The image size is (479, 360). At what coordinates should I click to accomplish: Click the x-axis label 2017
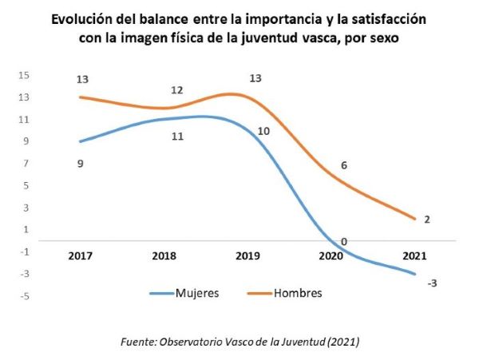[80, 257]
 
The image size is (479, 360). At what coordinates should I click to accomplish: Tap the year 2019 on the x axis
[248, 257]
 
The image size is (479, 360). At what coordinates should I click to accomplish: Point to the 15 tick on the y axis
[24, 75]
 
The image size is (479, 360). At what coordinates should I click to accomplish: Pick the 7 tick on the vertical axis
[26, 164]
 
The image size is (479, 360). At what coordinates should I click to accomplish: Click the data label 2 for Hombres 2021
[427, 220]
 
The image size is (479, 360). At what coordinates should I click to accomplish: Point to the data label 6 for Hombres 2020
[344, 165]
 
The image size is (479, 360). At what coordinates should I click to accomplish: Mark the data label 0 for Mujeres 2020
[343, 242]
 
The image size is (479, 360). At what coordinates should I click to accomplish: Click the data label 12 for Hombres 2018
[177, 90]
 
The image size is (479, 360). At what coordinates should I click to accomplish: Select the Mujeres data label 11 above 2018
[178, 136]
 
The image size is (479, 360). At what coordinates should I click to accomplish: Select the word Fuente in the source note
[136, 342]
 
